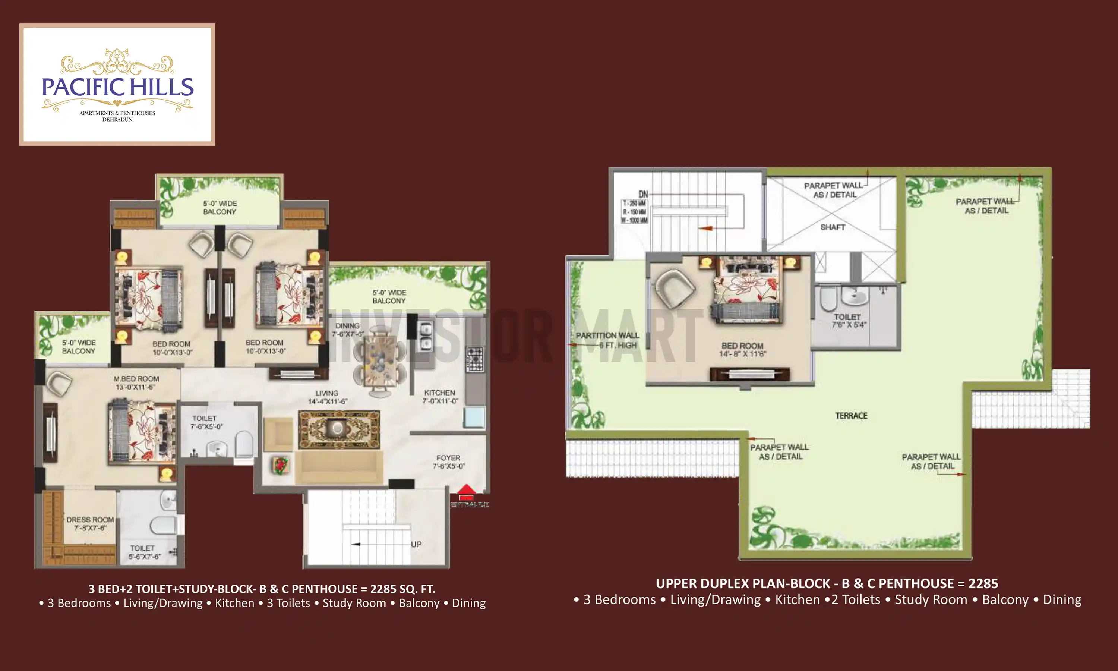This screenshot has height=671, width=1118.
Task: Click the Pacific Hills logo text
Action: click(x=117, y=87)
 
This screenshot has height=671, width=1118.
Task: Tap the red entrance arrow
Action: click(x=466, y=490)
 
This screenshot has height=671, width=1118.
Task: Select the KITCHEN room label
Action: click(x=440, y=397)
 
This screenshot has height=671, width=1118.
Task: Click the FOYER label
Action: click(x=448, y=461)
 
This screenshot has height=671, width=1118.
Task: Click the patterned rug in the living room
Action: click(x=338, y=429)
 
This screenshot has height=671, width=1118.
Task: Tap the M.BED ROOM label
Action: click(x=136, y=382)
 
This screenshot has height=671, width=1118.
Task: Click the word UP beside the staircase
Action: click(x=416, y=544)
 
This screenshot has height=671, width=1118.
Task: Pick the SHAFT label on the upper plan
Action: click(x=833, y=227)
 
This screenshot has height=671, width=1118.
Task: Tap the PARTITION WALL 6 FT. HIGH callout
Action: click(x=607, y=340)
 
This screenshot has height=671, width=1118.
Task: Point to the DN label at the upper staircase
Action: click(x=643, y=195)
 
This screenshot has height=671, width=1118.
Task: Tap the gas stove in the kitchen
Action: click(x=474, y=359)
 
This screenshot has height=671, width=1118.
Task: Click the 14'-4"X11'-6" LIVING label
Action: click(x=327, y=397)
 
